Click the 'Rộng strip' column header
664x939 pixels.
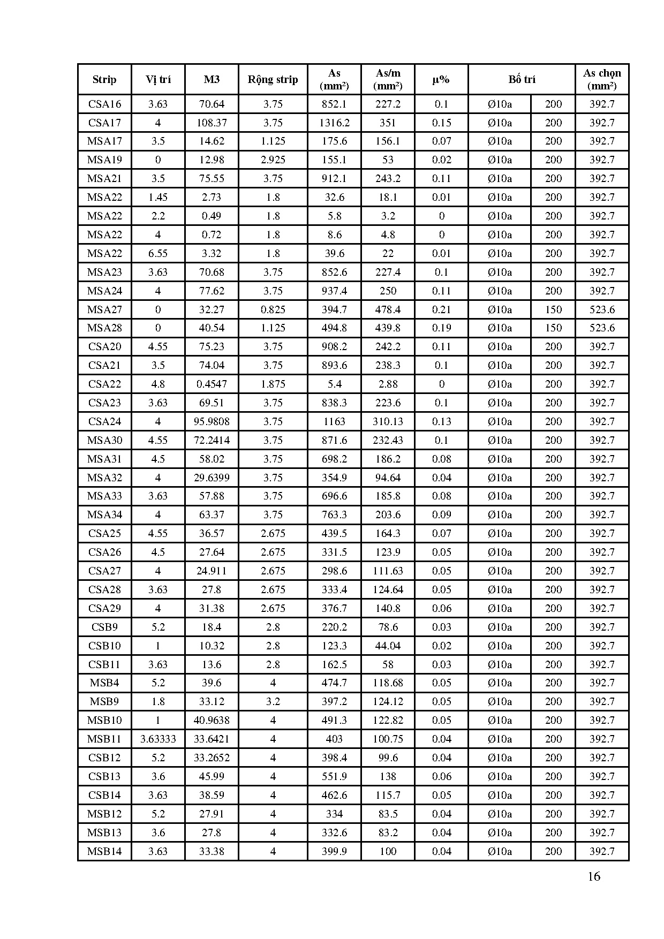pos(273,80)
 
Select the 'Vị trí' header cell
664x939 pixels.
pos(158,80)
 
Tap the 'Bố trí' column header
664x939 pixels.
pos(522,80)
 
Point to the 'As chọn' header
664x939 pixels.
pos(602,79)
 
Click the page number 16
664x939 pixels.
pos(594,876)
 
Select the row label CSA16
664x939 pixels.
pos(104,104)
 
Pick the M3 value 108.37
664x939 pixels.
pos(212,123)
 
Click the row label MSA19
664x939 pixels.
pos(104,160)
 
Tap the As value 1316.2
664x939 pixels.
pos(334,123)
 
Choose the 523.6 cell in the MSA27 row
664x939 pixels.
pos(602,309)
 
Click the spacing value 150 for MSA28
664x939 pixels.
pos(553,328)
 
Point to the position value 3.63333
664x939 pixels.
pos(158,739)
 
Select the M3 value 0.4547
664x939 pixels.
pos(212,384)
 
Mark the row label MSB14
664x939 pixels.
pos(104,851)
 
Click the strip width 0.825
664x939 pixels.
pos(273,309)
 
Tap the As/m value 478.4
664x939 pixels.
pos(388,309)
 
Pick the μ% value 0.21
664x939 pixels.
pos(441,309)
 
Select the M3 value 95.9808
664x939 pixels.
pos(212,421)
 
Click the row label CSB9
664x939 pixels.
pos(104,627)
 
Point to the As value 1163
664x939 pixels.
pos(334,421)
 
